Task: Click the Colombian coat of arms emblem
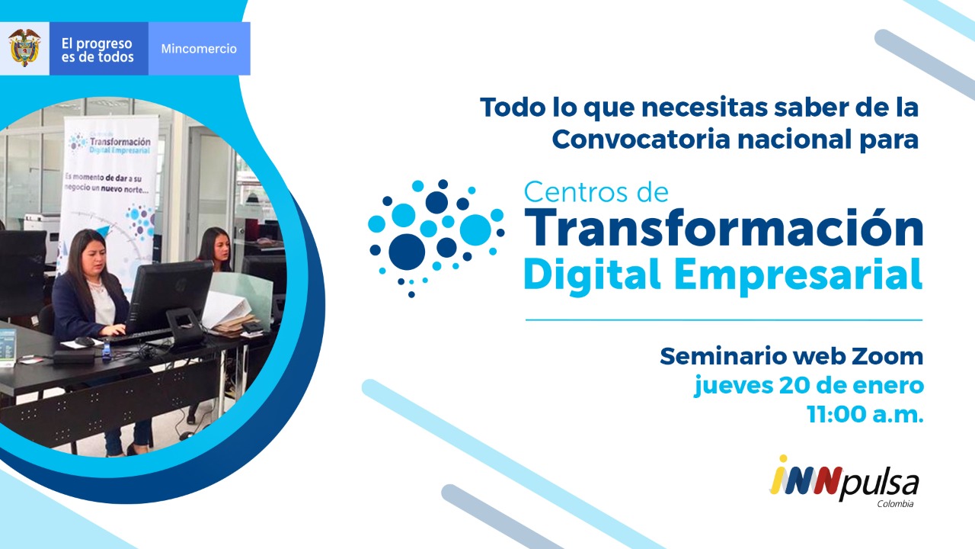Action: coord(24,47)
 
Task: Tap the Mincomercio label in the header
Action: coord(199,48)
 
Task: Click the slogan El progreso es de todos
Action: coord(97,50)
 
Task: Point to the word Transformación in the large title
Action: coord(724,228)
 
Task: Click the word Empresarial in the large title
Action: coord(798,275)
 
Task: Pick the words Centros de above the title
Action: coord(596,192)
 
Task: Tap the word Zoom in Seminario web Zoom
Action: coord(887,356)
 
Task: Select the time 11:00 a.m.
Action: coord(865,414)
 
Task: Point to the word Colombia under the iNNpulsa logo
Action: coord(895,504)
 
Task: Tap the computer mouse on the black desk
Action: coord(85,342)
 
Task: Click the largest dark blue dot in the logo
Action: coord(407,252)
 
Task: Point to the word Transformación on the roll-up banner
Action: coord(120,142)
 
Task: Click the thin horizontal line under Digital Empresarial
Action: coord(724,319)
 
